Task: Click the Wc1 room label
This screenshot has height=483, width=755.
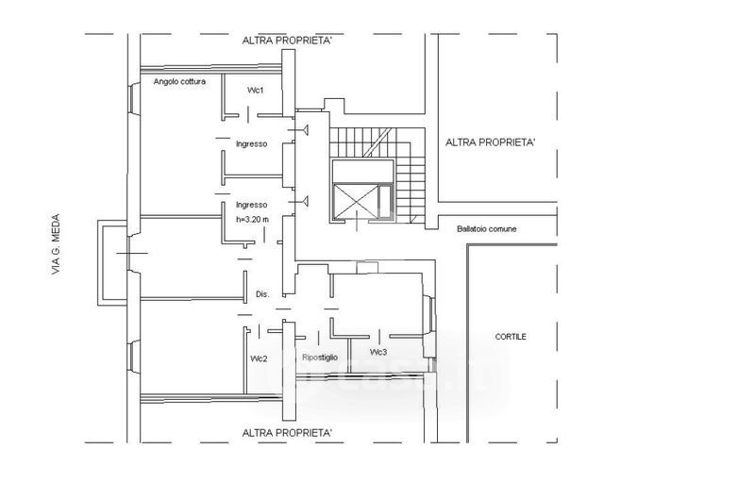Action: (x=255, y=91)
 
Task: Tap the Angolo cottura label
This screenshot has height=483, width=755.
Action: (x=179, y=82)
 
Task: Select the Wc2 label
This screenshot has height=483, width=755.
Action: (x=259, y=358)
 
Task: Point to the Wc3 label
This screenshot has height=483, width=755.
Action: (x=378, y=352)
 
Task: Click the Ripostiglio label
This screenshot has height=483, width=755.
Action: (x=320, y=358)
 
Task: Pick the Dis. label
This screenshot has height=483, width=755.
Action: (x=262, y=294)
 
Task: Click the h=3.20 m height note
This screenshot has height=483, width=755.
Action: (x=252, y=220)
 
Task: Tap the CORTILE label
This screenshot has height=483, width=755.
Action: (x=511, y=337)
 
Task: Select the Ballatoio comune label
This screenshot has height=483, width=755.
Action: (x=486, y=229)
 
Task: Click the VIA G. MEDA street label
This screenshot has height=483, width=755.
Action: (x=56, y=244)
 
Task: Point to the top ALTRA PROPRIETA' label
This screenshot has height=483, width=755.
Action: (x=287, y=41)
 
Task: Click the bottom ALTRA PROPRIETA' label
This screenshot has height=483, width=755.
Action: (x=287, y=433)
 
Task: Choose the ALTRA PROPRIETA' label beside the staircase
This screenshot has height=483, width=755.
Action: (x=490, y=142)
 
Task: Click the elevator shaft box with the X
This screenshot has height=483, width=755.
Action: (x=356, y=202)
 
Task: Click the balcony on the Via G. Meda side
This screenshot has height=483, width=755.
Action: (x=112, y=262)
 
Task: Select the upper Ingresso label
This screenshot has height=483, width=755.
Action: (x=251, y=143)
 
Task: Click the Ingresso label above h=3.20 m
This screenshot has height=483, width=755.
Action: (x=251, y=205)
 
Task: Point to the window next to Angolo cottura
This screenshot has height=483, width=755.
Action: (x=134, y=99)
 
